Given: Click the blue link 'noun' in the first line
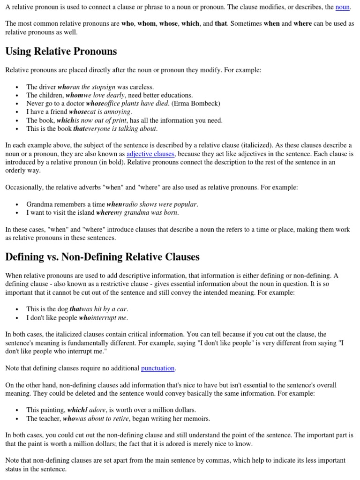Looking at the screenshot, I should tap(342, 7).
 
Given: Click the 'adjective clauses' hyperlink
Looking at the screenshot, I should tap(150, 154).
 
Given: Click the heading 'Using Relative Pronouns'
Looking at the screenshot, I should tap(61, 52).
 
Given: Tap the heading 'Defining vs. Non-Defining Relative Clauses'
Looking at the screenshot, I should tap(102, 257).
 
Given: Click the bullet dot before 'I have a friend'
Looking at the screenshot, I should tap(17, 112).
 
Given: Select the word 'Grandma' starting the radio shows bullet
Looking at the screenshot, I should tap(39, 204).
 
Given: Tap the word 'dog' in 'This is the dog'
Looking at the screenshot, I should tap(62, 309).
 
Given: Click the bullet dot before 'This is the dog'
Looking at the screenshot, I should tap(17, 309).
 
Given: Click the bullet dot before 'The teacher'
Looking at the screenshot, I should tap(17, 419).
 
